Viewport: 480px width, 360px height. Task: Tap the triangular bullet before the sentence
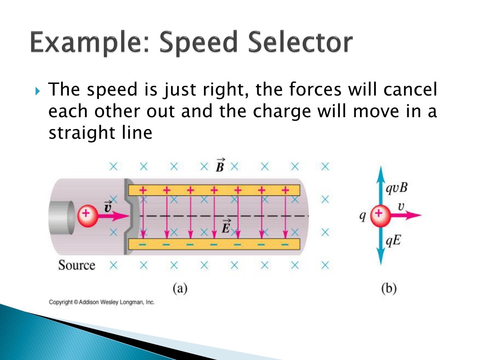pyautogui.click(x=38, y=89)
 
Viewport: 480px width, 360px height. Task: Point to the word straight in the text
pyautogui.click(x=80, y=133)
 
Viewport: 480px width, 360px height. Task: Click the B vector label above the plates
pyautogui.click(x=218, y=165)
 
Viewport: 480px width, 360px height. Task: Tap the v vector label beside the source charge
pyautogui.click(x=107, y=206)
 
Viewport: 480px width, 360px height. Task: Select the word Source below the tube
pyautogui.click(x=76, y=265)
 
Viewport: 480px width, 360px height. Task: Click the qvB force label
pyautogui.click(x=397, y=188)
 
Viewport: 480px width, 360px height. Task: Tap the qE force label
pyautogui.click(x=393, y=241)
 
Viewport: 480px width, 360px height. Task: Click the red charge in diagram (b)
pyautogui.click(x=379, y=215)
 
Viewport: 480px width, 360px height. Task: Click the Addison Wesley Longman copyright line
pyautogui.click(x=102, y=302)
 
